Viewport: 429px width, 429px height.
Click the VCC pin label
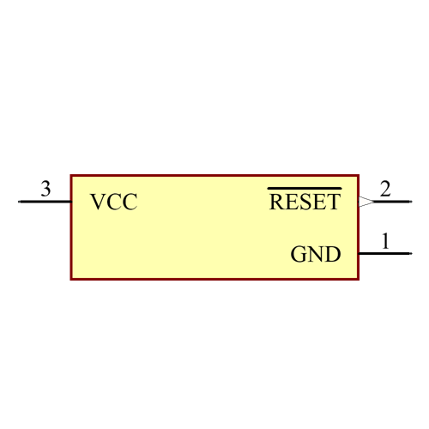(113, 202)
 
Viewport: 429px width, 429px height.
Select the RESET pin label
(305, 202)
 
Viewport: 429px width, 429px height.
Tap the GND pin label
(316, 255)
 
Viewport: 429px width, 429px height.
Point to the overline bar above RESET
(305, 188)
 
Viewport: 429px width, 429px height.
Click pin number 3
(45, 189)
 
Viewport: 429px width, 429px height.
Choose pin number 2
(385, 189)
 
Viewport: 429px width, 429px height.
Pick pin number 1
(385, 241)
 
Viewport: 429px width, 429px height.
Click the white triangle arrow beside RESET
(366, 202)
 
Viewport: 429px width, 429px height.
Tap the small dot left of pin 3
(19, 202)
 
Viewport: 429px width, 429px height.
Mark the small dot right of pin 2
(411, 202)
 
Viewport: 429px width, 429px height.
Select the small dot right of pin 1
(411, 254)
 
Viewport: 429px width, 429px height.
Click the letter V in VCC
(98, 202)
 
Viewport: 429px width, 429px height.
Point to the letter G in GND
(299, 255)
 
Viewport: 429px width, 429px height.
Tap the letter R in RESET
(277, 202)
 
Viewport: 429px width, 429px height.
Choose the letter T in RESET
(333, 202)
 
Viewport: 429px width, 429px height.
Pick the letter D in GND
(333, 255)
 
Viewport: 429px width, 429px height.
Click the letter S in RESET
(305, 202)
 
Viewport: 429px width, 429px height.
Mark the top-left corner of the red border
(71, 175)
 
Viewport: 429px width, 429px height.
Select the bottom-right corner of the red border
(358, 279)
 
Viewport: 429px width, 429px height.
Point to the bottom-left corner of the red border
(71, 279)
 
